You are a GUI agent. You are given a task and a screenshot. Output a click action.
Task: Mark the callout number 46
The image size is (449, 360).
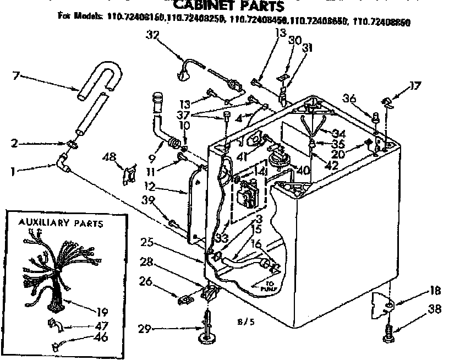[101, 337]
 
